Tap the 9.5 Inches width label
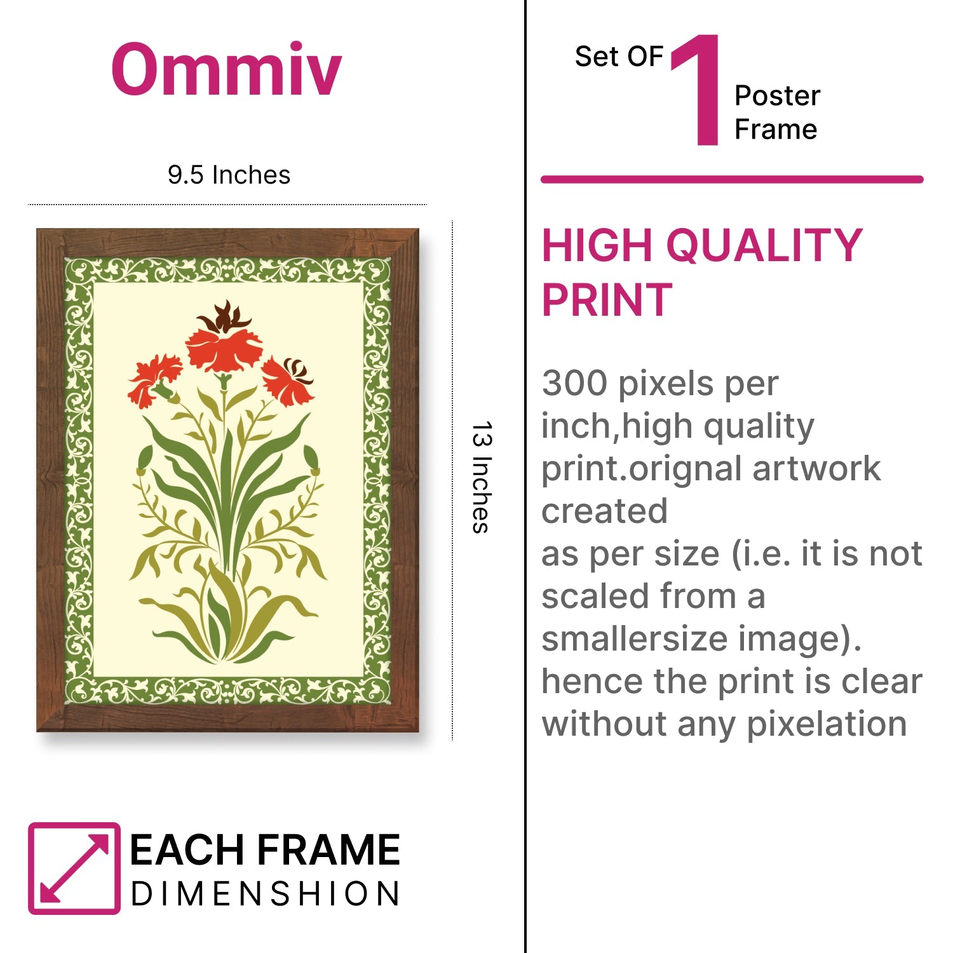point(229,175)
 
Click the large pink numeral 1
point(697,90)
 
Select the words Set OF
point(619,57)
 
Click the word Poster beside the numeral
point(777,96)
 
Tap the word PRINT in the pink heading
point(607,300)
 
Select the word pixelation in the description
point(827,724)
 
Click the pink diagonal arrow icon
point(74,869)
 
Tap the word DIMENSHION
point(265,894)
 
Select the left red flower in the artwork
point(154,380)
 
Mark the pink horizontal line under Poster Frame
point(732,180)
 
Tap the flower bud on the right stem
point(311,459)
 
